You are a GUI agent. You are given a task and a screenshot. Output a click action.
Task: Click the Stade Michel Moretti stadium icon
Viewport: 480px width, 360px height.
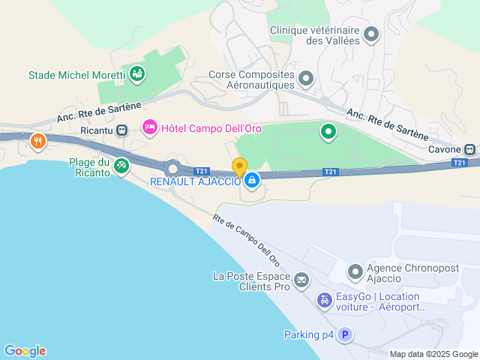[137, 73]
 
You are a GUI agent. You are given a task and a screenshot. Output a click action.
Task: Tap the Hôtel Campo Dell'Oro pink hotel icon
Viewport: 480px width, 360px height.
[149, 128]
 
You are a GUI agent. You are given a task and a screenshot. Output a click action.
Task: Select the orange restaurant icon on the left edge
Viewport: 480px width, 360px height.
[37, 141]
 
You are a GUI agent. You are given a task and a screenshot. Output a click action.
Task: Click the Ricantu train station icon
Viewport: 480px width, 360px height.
[121, 129]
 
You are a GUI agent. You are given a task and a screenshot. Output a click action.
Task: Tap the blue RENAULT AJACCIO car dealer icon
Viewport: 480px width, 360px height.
[252, 181]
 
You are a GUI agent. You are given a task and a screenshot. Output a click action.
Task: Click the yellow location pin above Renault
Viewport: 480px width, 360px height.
[239, 167]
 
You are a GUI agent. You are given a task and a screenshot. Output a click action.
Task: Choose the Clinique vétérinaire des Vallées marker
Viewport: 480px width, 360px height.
[370, 34]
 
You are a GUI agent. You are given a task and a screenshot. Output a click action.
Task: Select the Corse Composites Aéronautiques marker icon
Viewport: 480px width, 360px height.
[305, 78]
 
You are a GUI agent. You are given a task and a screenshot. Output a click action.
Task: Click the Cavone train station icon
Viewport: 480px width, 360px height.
[470, 149]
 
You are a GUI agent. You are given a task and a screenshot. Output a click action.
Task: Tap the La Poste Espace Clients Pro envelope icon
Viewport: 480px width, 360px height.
[301, 281]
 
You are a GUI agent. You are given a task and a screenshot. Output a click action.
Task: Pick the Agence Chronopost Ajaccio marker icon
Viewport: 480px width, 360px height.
[354, 271]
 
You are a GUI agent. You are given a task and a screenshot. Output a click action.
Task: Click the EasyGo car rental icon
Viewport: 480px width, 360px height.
[325, 301]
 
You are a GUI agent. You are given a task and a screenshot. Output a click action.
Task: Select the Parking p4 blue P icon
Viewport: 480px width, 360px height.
[344, 335]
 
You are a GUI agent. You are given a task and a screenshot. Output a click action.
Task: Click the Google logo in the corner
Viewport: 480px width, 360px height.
[25, 350]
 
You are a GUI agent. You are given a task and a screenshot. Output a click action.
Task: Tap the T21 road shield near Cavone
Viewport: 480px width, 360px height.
[460, 163]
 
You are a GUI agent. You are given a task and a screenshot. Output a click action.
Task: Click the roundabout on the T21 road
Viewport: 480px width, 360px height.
[174, 169]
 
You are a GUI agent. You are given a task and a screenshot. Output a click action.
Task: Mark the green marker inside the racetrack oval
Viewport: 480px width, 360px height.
[328, 133]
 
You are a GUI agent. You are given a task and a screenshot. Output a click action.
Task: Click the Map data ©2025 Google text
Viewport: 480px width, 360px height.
[433, 354]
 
